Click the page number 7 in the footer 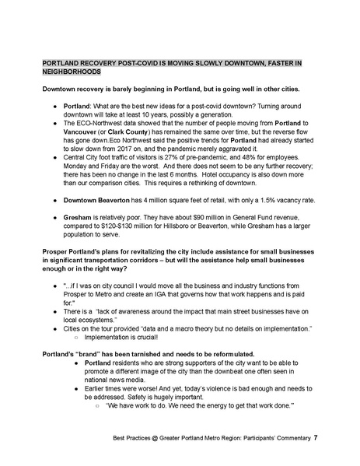tap(315, 438)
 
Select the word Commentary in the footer tap(289, 438)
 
